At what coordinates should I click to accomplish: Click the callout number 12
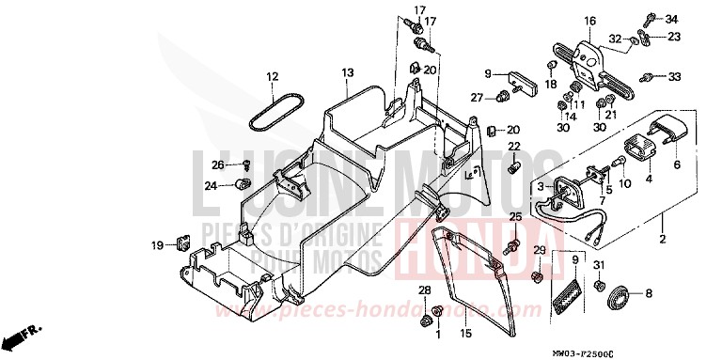click(271, 77)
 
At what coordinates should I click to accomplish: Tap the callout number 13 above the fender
click(347, 72)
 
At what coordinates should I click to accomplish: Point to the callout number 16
click(589, 21)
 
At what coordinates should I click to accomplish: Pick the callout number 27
click(477, 97)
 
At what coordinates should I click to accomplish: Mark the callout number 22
click(514, 147)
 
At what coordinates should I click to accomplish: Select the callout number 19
click(157, 246)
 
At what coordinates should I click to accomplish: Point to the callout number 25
click(514, 218)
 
